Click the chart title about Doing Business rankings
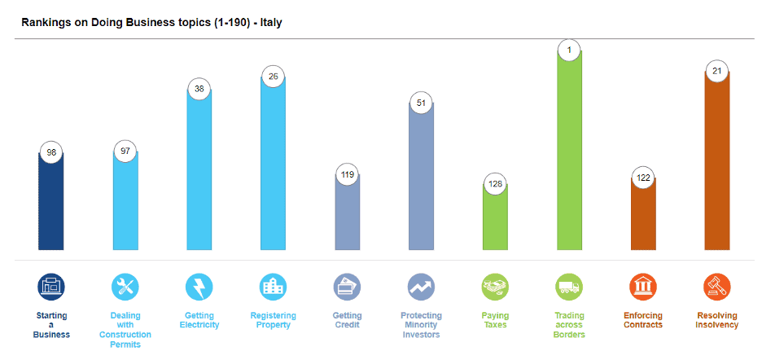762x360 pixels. [151, 23]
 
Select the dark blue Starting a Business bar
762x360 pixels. [51, 201]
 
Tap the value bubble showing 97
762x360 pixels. [125, 151]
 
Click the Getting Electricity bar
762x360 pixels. [199, 169]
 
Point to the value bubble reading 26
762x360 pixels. [273, 76]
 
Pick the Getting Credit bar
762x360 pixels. [348, 212]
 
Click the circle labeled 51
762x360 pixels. [422, 103]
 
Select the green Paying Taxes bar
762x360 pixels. [495, 217]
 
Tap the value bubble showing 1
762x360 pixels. [569, 50]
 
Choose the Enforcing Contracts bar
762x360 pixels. [643, 213]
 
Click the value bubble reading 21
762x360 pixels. [717, 71]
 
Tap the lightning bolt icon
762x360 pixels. [199, 287]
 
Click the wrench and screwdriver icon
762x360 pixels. [125, 287]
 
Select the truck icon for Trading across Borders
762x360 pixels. [569, 287]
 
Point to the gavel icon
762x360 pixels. [717, 287]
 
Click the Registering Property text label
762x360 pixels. [273, 320]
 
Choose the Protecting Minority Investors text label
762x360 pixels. [422, 325]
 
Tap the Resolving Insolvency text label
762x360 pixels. [717, 320]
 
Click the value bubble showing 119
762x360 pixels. [348, 174]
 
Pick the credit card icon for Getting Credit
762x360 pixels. [347, 287]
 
